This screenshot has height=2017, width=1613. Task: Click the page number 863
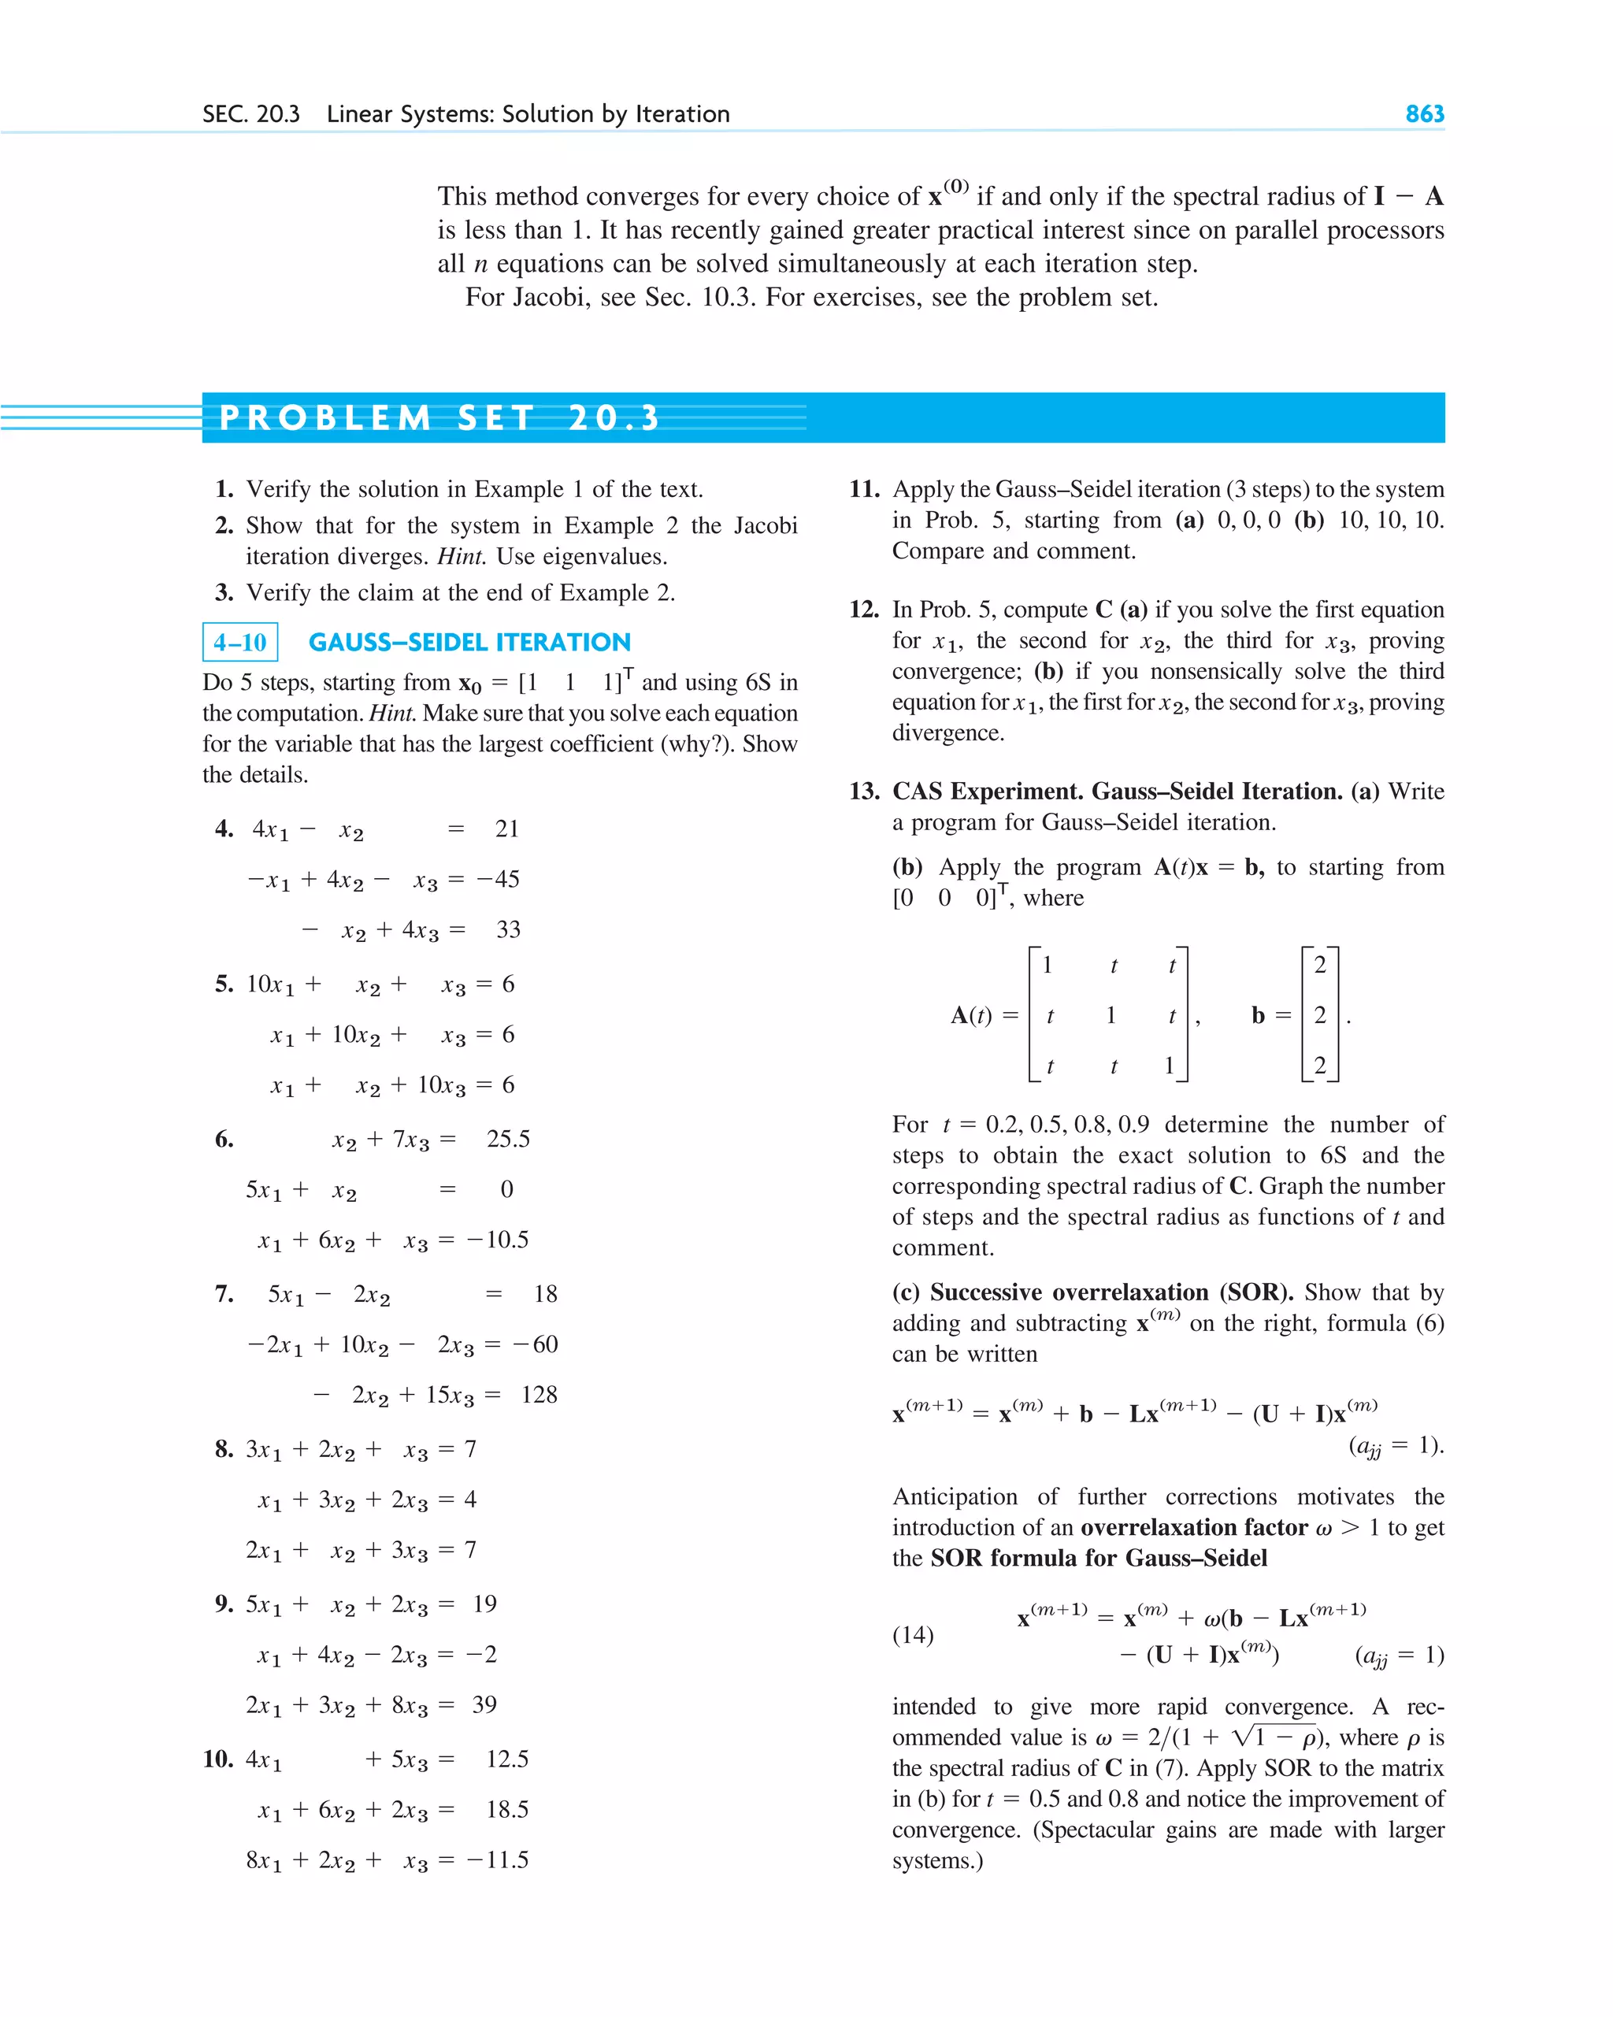click(1424, 114)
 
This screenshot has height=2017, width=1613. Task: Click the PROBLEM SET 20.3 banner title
click(439, 417)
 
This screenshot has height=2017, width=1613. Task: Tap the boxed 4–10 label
click(239, 642)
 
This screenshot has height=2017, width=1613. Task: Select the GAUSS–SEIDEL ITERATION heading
click(469, 642)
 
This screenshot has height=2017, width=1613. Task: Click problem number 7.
click(224, 1293)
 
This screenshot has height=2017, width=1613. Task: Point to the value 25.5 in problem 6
click(507, 1139)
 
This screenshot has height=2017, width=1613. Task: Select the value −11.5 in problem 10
click(497, 1859)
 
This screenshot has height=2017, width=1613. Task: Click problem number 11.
click(863, 489)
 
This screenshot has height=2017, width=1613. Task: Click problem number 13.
click(863, 792)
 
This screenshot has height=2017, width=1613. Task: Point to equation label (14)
click(912, 1634)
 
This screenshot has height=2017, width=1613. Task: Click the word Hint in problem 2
click(460, 557)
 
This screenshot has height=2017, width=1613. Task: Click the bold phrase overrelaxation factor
click(1194, 1527)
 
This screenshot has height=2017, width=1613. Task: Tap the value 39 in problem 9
click(484, 1704)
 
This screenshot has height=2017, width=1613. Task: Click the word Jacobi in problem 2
click(765, 526)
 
